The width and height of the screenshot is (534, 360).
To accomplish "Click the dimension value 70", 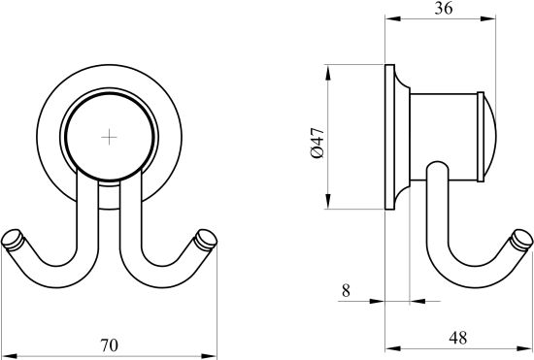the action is click(110, 345).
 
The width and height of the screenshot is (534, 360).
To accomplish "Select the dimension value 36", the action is click(444, 8).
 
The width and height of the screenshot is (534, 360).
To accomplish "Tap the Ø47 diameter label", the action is click(317, 143).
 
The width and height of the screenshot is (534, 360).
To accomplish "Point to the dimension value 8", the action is click(346, 290).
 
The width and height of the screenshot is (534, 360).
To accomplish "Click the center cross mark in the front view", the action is click(109, 137).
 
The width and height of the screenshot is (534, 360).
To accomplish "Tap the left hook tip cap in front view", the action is click(13, 240).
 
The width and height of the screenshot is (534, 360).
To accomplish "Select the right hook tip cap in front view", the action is click(206, 240).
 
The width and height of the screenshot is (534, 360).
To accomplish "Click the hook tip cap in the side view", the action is click(521, 240).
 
